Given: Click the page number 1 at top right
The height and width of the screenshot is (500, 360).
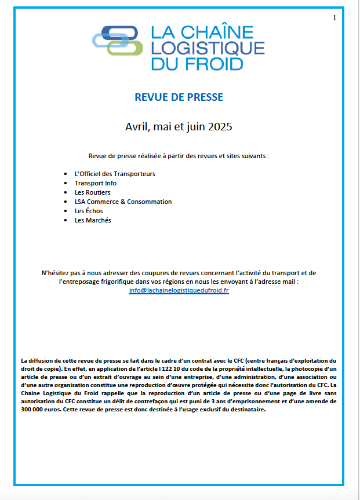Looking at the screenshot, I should (x=334, y=19).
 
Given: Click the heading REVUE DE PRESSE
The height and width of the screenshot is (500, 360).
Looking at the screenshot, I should (x=179, y=97).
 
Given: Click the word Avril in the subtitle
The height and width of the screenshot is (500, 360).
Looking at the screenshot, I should (x=137, y=126).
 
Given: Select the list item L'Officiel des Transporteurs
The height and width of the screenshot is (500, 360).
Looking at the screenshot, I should (x=115, y=174).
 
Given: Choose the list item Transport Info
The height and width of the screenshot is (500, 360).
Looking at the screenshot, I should (x=96, y=183).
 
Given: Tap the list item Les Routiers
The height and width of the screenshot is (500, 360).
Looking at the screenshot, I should (x=93, y=192).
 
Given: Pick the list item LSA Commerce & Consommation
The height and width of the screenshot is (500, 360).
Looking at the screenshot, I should (x=123, y=202).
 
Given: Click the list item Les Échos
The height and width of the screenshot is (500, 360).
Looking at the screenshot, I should (x=89, y=211).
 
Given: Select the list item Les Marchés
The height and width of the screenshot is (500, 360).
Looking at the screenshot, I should (x=93, y=220).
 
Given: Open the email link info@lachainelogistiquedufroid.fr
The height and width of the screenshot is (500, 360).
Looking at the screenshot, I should (x=179, y=290).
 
